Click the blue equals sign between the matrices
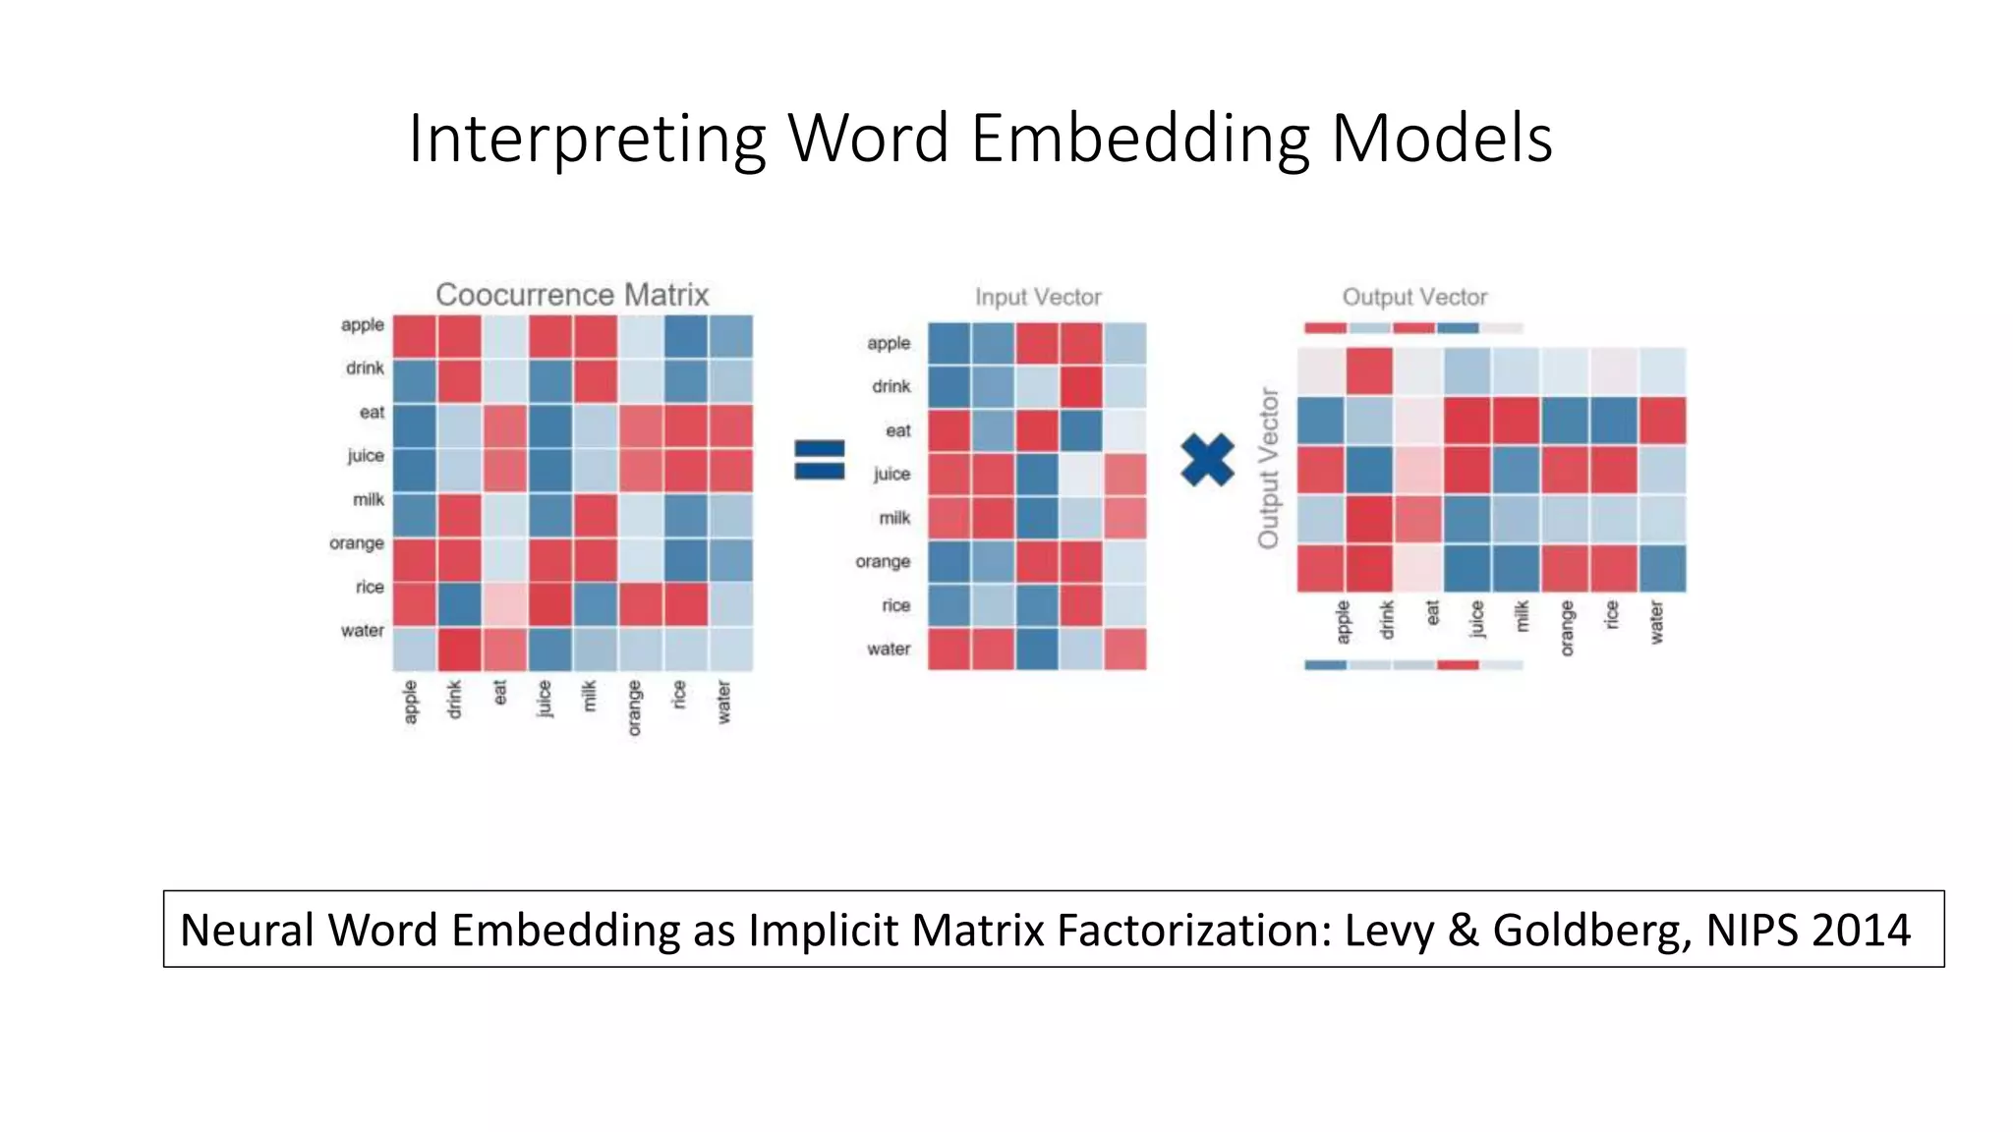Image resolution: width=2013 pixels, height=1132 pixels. point(819,460)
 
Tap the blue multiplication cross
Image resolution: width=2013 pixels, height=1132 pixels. point(1207,460)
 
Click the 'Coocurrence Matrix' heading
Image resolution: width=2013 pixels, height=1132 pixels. point(572,295)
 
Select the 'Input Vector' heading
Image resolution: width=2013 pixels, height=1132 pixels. point(1038,297)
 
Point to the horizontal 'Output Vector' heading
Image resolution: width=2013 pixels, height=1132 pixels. point(1414,297)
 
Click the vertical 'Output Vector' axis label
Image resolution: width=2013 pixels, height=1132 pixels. point(1269,469)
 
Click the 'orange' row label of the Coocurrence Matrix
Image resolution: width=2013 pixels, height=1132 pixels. point(357,543)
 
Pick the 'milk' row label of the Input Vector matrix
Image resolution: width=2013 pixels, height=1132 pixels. point(894,518)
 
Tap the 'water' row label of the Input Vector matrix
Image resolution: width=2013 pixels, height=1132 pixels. point(889,649)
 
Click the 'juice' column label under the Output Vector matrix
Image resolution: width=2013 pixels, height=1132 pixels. point(1476,620)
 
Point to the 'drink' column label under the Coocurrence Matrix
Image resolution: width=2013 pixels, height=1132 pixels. point(454,700)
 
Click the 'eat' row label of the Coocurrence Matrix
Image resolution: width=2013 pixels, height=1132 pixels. point(372,413)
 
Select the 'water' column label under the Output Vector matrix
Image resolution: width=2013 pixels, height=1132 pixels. point(1656,623)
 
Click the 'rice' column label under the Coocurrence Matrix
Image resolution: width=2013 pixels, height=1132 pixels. point(678,695)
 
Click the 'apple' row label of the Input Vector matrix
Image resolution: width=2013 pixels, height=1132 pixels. point(889,343)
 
